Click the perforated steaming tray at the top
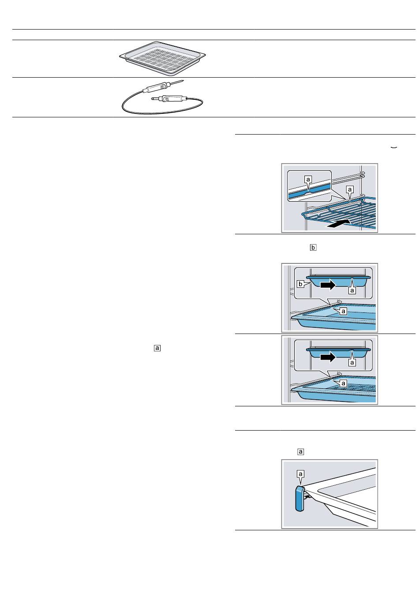(x=162, y=58)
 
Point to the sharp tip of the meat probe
(x=183, y=80)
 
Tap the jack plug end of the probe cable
(x=153, y=99)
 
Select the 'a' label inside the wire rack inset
(x=308, y=179)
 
